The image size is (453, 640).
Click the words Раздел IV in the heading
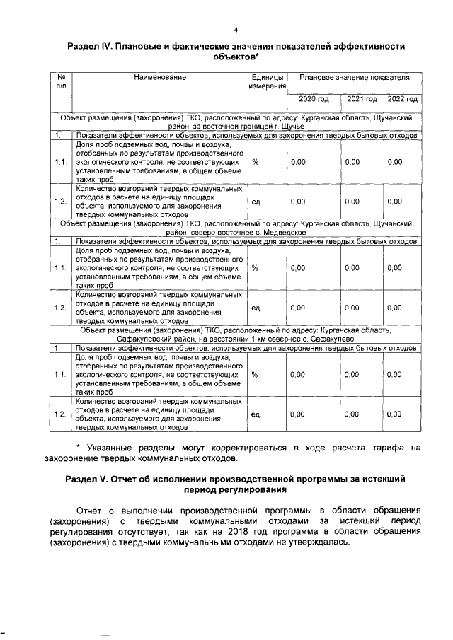click(90, 46)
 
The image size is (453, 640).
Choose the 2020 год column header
click(314, 98)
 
